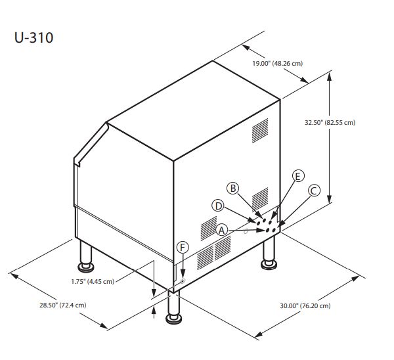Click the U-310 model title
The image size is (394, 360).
33,37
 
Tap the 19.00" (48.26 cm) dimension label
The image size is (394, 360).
278,63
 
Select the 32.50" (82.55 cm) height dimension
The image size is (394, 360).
329,123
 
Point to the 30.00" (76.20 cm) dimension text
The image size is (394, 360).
305,306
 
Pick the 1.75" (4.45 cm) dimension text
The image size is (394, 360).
93,281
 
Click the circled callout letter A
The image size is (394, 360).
222,230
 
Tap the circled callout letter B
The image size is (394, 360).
233,188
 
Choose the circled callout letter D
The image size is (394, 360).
218,205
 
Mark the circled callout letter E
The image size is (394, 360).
297,176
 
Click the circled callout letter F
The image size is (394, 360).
183,247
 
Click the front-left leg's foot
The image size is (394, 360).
86,267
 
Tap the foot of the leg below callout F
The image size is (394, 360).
174,319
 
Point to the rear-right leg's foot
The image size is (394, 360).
269,263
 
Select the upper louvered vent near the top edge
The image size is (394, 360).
260,130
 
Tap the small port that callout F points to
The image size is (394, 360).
182,281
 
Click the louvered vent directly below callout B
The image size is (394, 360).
260,197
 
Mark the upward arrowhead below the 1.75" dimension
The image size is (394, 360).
154,313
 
